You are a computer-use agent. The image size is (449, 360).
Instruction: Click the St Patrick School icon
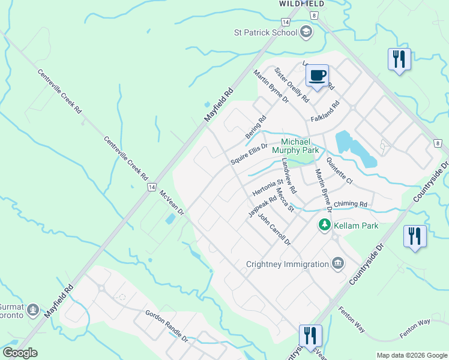306,32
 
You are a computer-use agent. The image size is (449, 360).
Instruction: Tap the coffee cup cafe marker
317,76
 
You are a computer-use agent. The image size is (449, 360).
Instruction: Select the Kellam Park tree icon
325,225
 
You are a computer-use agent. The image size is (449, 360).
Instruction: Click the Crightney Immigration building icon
338,264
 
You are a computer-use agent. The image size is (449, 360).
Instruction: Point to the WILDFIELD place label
298,4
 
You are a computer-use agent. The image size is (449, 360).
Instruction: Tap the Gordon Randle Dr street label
166,326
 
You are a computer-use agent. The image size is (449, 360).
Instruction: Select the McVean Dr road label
172,204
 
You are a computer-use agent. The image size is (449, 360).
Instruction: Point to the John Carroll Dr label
274,230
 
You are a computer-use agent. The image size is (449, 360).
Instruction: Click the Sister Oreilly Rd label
291,85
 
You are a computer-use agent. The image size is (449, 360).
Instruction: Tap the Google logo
20,352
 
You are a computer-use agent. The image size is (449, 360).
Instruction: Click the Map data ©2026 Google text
412,355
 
